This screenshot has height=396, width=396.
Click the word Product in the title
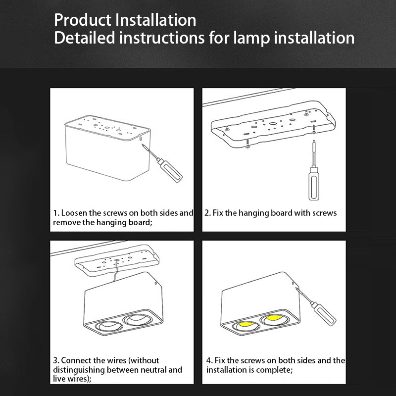point(83,20)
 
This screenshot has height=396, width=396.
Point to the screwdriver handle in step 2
point(314,184)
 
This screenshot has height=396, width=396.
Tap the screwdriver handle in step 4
point(324,314)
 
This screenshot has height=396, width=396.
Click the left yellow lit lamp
point(246,324)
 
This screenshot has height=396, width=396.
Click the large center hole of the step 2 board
point(273,124)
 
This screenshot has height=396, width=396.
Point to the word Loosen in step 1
point(74,213)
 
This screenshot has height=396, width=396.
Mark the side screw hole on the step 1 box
point(140,138)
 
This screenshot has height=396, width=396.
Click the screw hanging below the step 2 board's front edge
point(247,143)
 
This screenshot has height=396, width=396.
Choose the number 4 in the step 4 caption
point(208,360)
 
